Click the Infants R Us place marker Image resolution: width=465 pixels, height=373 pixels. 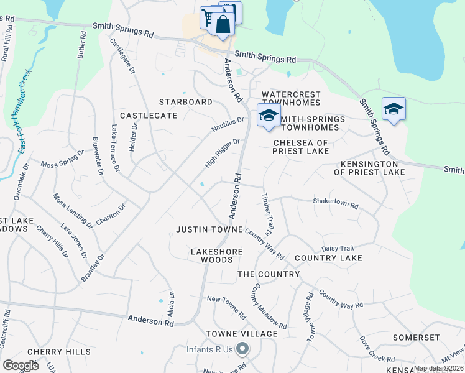[x=243, y=349]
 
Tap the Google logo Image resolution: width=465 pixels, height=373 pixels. [x=21, y=366]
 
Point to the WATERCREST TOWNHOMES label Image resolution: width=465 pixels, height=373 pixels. [x=291, y=98]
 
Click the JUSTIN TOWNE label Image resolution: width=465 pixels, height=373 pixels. [x=209, y=229]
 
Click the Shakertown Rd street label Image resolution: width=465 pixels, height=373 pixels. [x=336, y=203]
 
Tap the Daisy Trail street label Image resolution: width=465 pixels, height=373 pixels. [x=337, y=248]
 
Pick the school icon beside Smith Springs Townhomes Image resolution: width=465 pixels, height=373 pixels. [x=269, y=116]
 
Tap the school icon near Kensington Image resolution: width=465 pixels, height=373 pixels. [x=394, y=110]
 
